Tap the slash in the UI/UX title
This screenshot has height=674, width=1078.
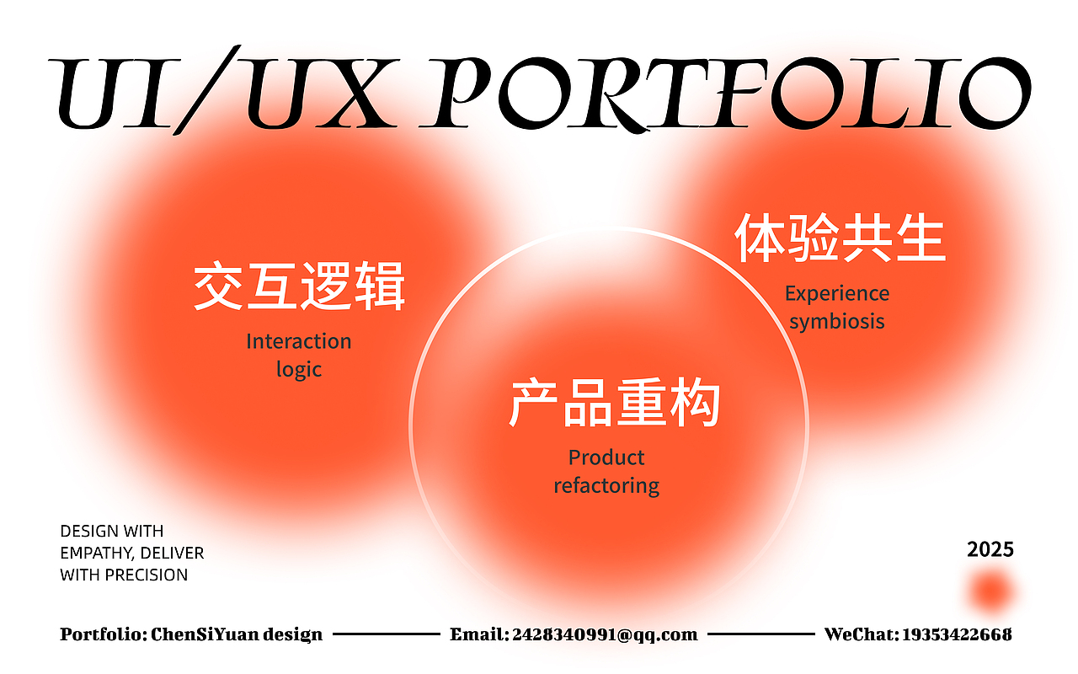pos(206,90)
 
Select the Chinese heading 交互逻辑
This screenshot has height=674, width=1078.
pos(299,286)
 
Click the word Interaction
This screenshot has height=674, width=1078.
pos(299,341)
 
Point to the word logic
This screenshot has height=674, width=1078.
pos(299,370)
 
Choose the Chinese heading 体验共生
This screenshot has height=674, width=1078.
pos(840,238)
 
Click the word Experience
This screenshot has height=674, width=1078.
pos(837,294)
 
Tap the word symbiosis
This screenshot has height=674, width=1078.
pos(837,322)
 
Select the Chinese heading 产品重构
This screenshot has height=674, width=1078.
pos(615,403)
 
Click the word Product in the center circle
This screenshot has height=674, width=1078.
pos(606,457)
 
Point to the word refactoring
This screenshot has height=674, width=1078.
pos(606,485)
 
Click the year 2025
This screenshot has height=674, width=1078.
pos(990,550)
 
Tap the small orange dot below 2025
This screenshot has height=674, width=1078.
pos(991,591)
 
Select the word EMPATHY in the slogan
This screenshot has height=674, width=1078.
pos(93,554)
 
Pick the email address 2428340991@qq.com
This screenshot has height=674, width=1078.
pos(605,634)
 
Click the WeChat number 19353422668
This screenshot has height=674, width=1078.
pos(957,634)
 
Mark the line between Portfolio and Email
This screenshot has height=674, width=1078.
pos(387,634)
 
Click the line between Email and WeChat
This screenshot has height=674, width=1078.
pos(761,634)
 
